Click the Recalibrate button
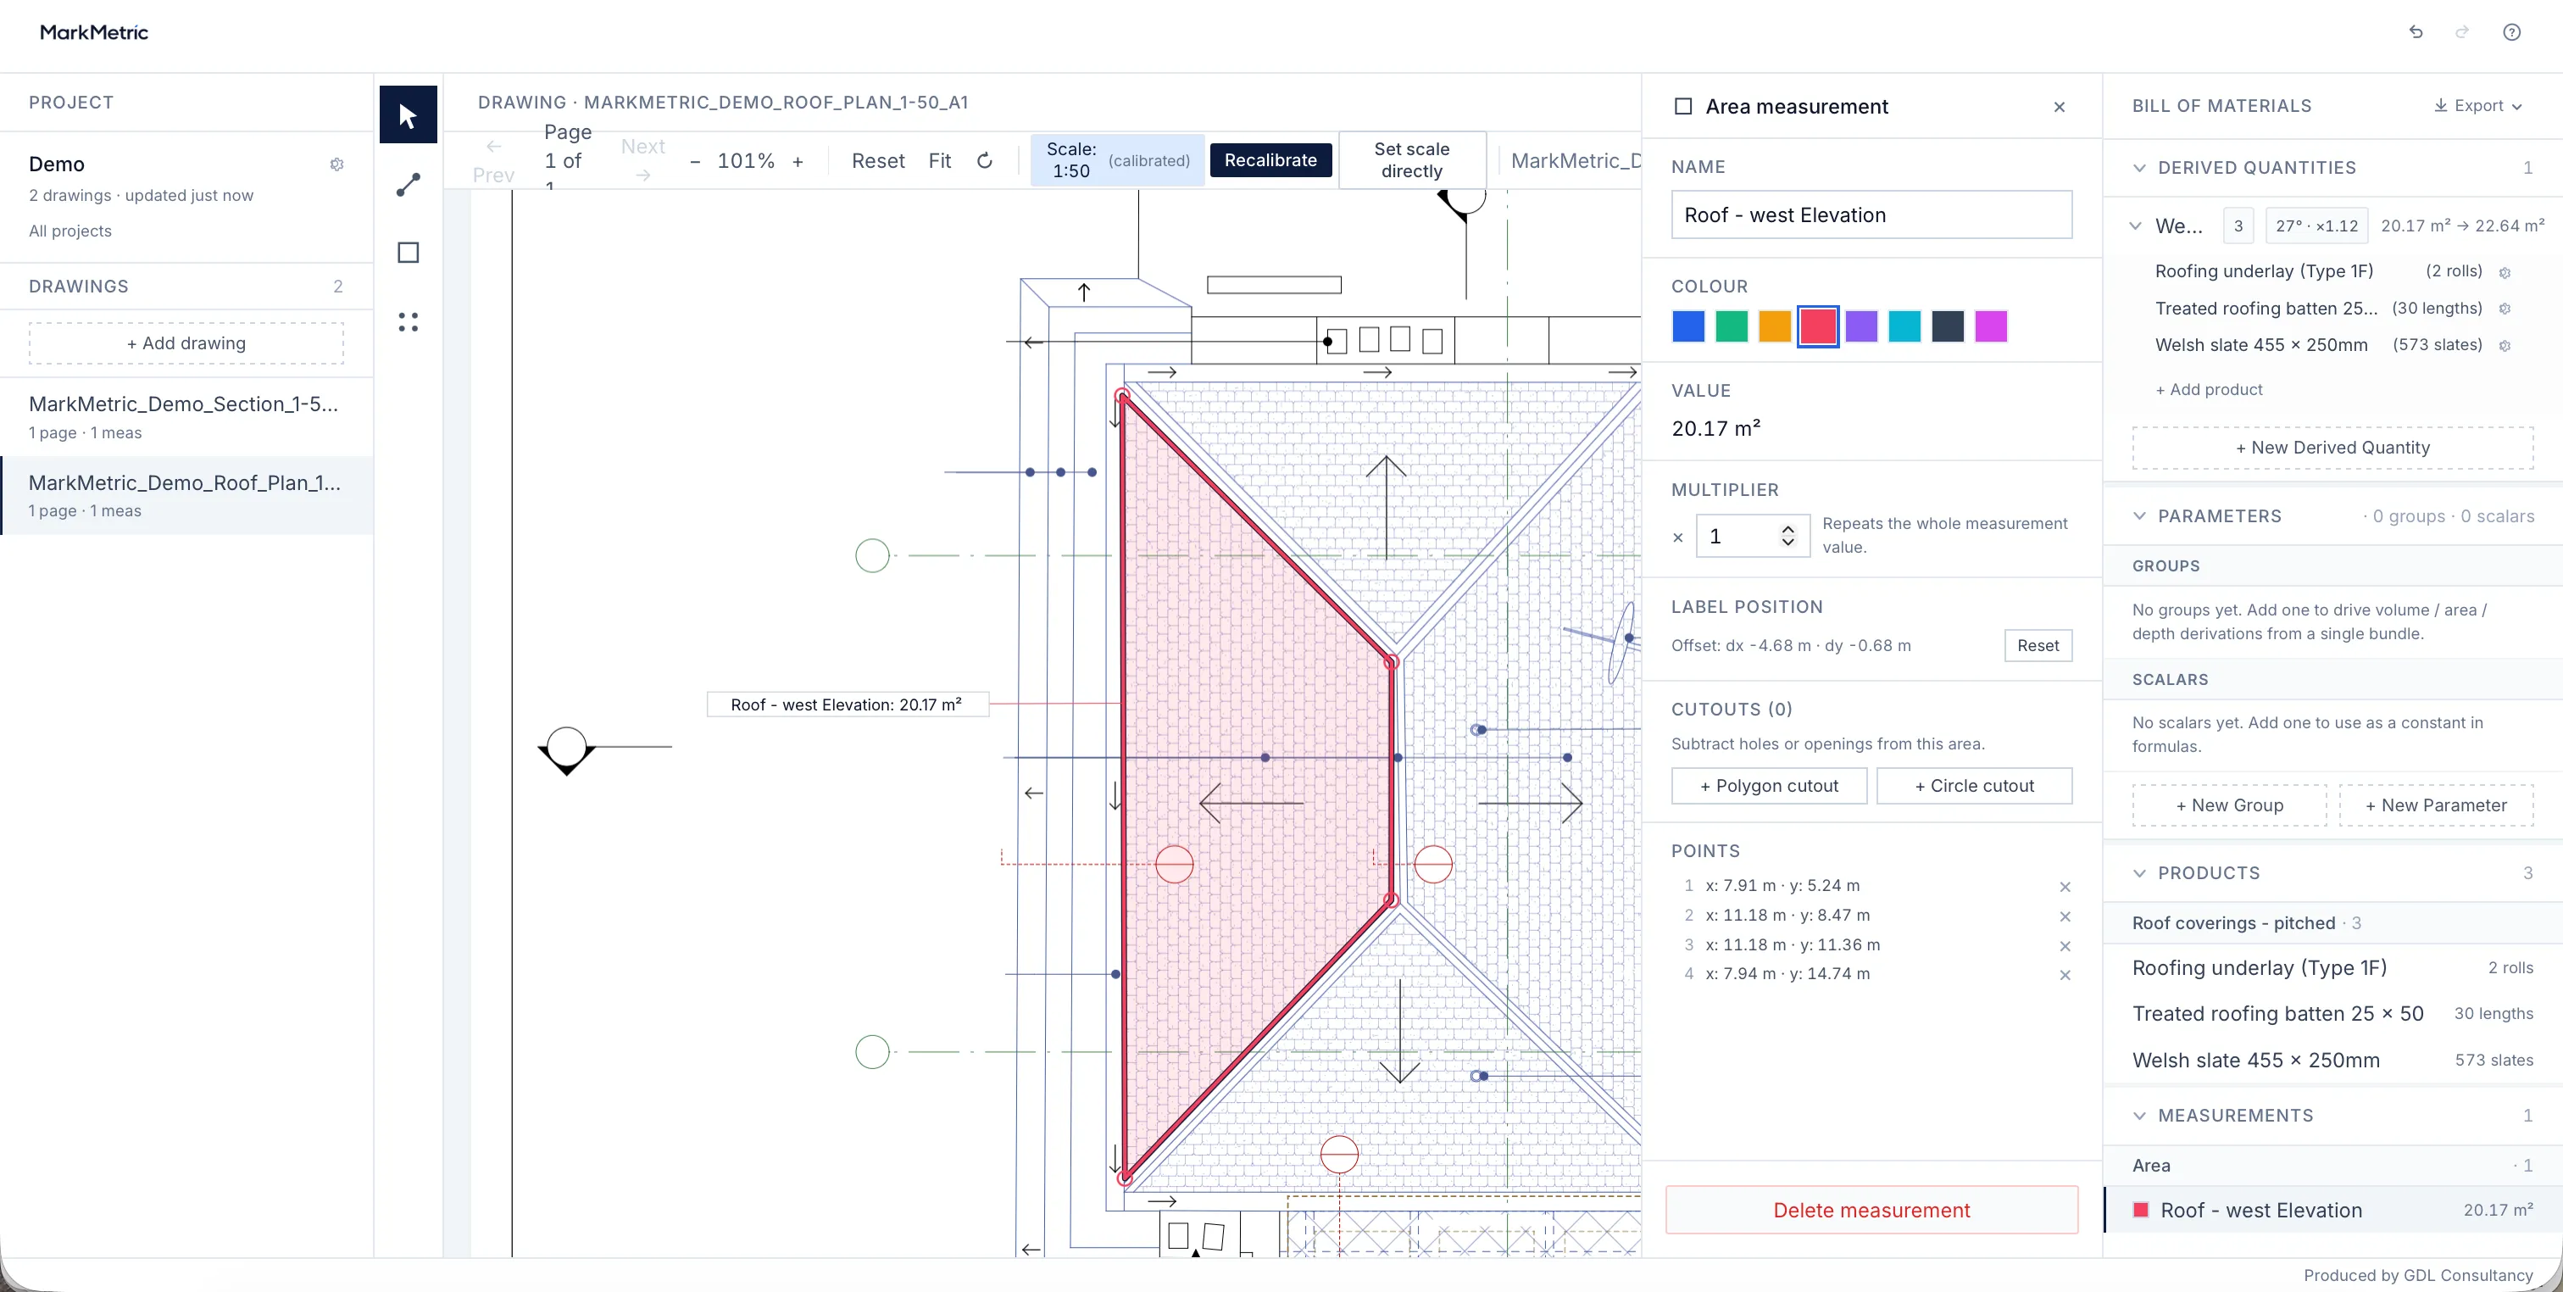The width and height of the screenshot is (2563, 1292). pyautogui.click(x=1270, y=160)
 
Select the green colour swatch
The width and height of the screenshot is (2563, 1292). pyautogui.click(x=1732, y=326)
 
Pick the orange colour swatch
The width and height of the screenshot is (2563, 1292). pyautogui.click(x=1774, y=326)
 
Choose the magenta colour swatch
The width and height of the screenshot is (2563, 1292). pyautogui.click(x=1990, y=326)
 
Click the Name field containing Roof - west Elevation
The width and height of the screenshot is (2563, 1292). pyautogui.click(x=1871, y=215)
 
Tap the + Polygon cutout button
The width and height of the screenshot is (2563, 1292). pyautogui.click(x=1769, y=785)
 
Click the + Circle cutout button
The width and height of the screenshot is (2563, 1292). pyautogui.click(x=1974, y=785)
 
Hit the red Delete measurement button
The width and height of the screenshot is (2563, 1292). pyautogui.click(x=1871, y=1210)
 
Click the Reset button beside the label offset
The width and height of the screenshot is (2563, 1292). pyautogui.click(x=2038, y=645)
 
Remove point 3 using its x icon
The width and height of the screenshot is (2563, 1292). pyautogui.click(x=2065, y=945)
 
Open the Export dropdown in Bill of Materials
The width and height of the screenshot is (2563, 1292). pyautogui.click(x=2477, y=105)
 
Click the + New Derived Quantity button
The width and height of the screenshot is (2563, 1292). pyautogui.click(x=2332, y=448)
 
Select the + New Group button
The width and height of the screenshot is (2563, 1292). pyautogui.click(x=2229, y=805)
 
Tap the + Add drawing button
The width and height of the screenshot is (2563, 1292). pyautogui.click(x=186, y=343)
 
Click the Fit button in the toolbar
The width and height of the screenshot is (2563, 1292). pyautogui.click(x=939, y=160)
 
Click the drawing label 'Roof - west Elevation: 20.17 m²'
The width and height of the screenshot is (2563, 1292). pyautogui.click(x=847, y=704)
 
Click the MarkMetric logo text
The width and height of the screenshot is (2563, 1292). pyautogui.click(x=93, y=32)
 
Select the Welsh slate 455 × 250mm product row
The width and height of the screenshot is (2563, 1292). pyautogui.click(x=2332, y=1060)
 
